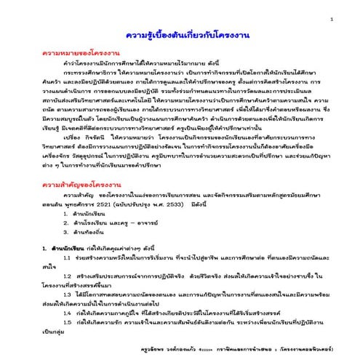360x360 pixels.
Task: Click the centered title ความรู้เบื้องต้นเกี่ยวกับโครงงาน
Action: (180, 36)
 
